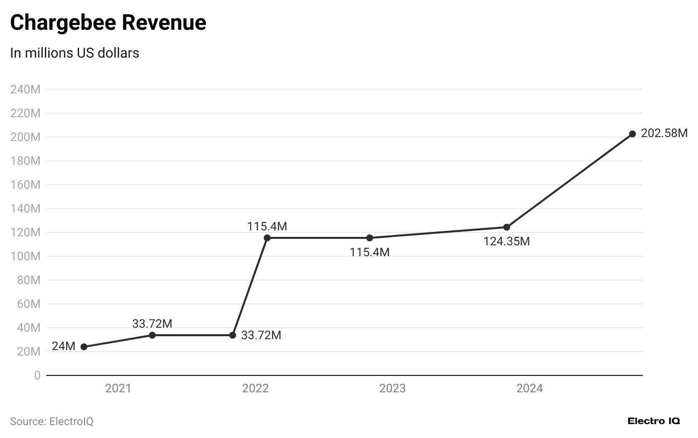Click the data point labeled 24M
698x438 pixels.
pyautogui.click(x=84, y=347)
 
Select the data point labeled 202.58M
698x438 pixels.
pyautogui.click(x=632, y=134)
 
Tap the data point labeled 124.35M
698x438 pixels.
pyautogui.click(x=507, y=227)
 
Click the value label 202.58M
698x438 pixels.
pyautogui.click(x=664, y=133)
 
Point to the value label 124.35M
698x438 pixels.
pyautogui.click(x=507, y=241)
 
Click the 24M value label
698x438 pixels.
pyautogui.click(x=64, y=346)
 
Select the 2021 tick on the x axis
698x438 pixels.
pyautogui.click(x=118, y=388)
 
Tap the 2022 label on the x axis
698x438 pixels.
pyautogui.click(x=256, y=388)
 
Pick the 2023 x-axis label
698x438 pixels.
pyautogui.click(x=392, y=388)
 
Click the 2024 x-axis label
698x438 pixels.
pyautogui.click(x=529, y=388)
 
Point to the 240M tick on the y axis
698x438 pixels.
pyautogui.click(x=25, y=89)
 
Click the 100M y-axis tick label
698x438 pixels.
pyautogui.click(x=25, y=256)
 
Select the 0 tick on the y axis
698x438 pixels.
pyautogui.click(x=37, y=375)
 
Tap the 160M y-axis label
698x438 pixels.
pyautogui.click(x=25, y=185)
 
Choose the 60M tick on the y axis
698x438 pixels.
pyautogui.click(x=28, y=304)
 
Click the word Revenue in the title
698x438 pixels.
pyautogui.click(x=164, y=23)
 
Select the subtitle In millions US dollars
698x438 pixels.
pyautogui.click(x=75, y=53)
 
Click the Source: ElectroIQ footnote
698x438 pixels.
pyautogui.click(x=52, y=421)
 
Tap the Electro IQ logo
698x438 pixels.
pyautogui.click(x=653, y=421)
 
